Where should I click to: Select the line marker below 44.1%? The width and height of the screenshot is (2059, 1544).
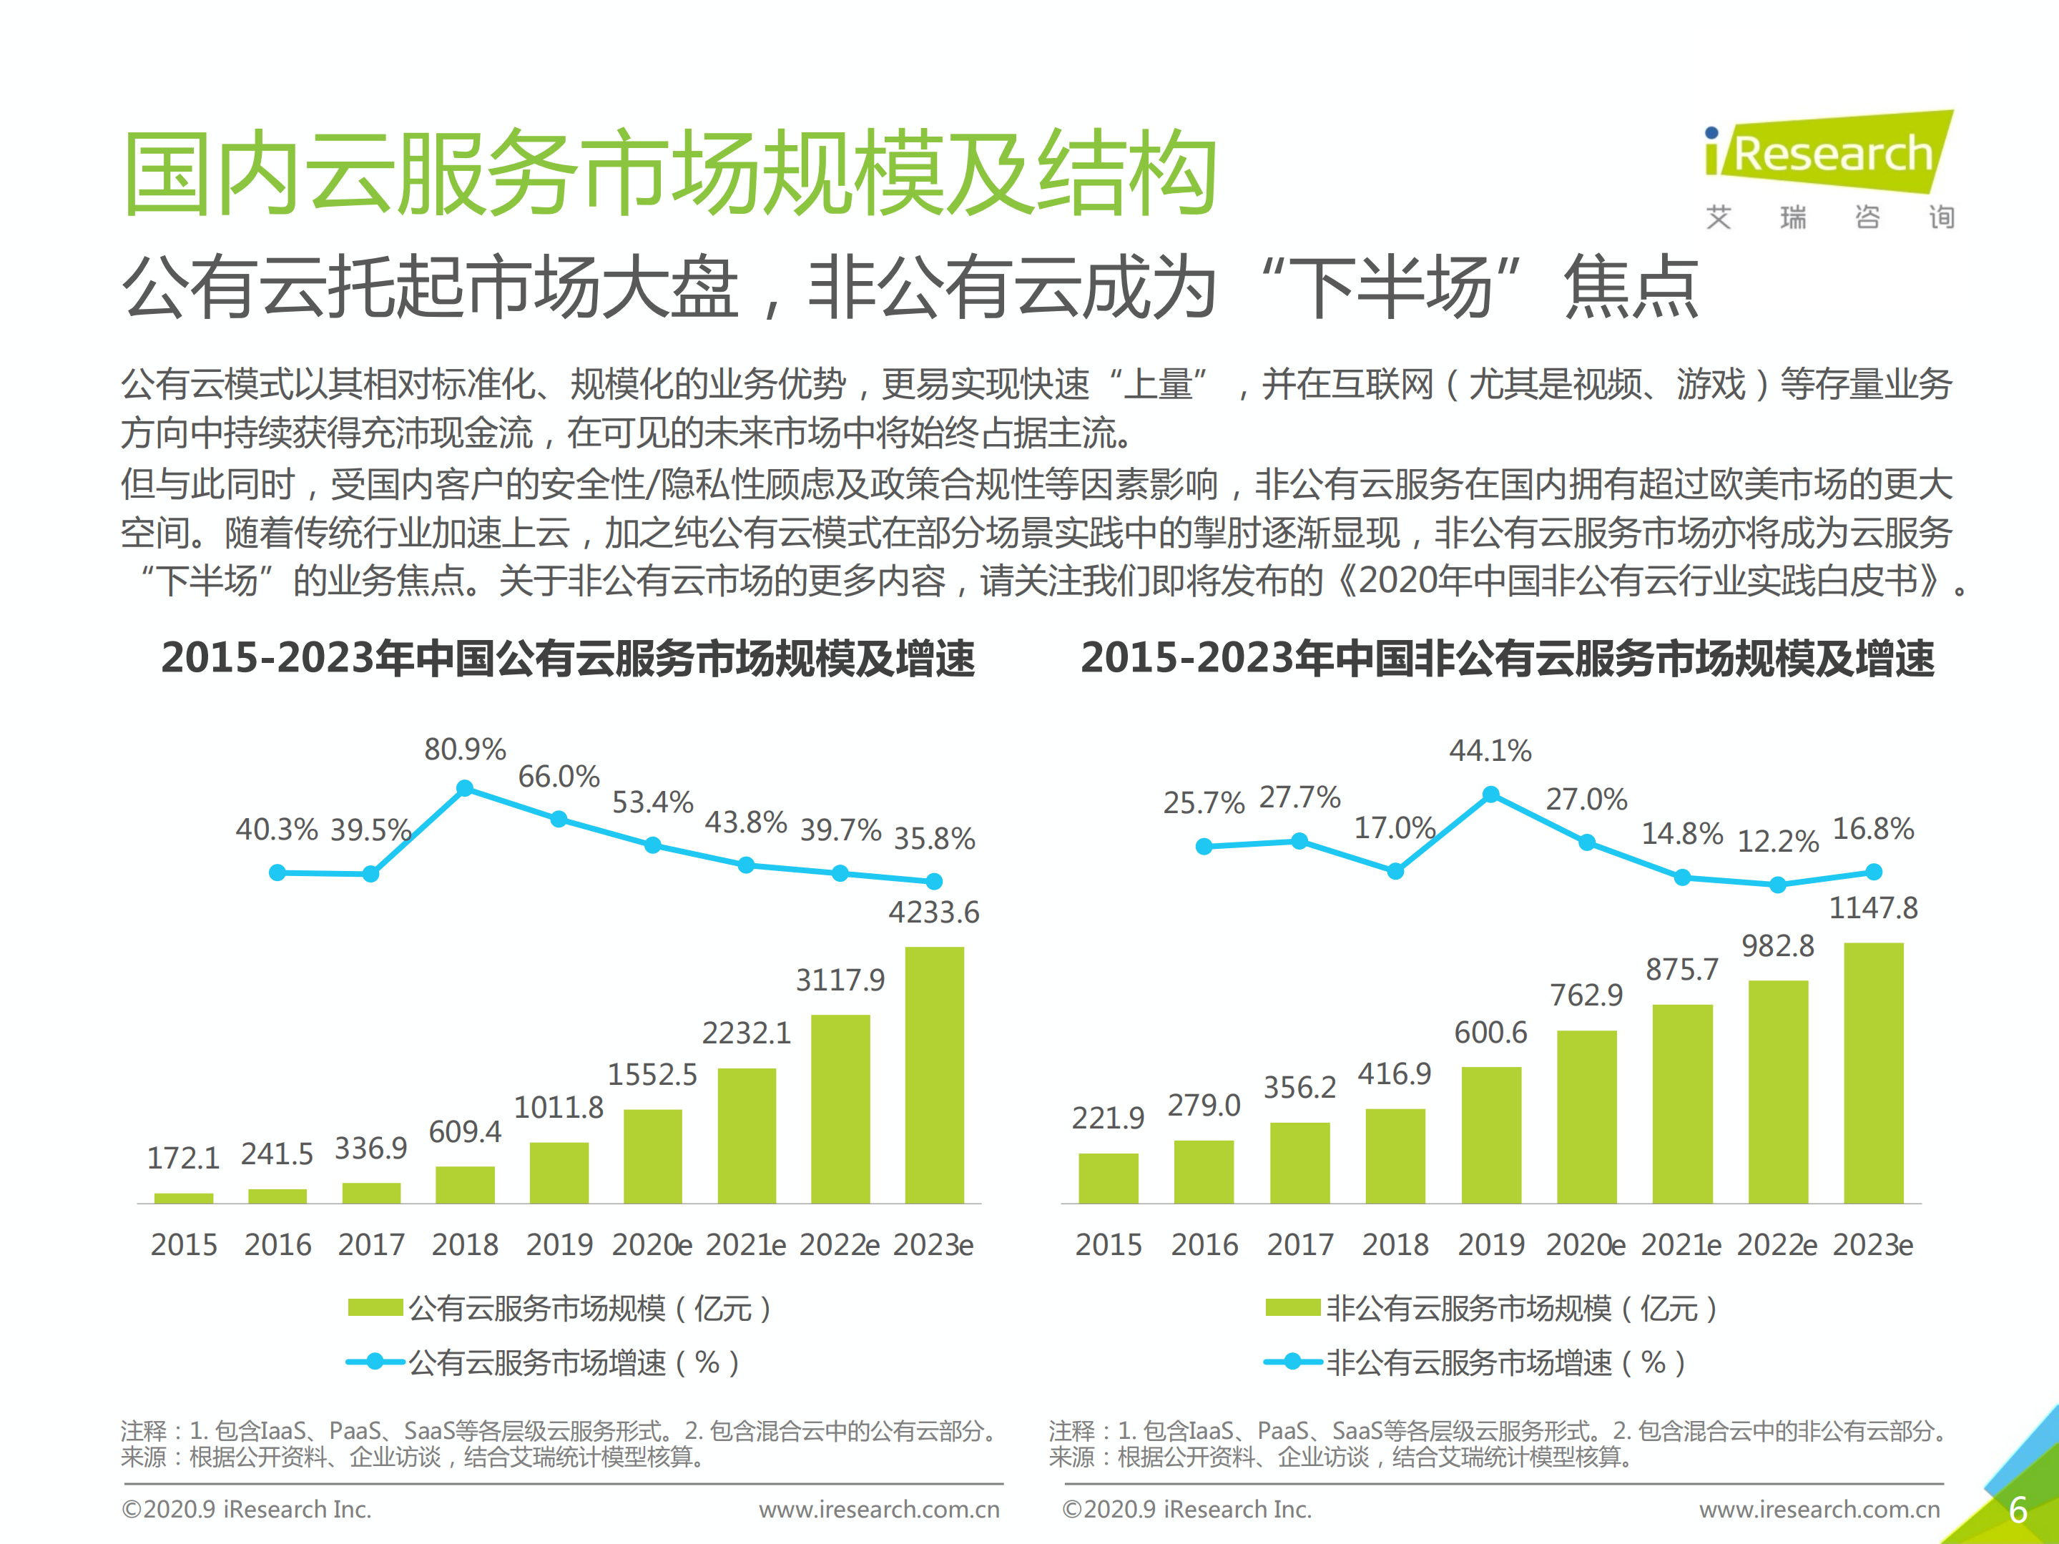pos(1490,794)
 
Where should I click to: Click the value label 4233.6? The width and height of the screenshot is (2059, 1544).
pos(933,912)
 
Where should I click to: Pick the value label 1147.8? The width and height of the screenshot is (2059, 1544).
pos(1873,908)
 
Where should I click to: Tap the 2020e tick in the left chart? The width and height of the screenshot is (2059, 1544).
pos(652,1244)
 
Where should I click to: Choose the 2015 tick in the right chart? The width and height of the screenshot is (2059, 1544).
pos(1108,1244)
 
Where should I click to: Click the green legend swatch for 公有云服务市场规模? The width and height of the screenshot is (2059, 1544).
pos(375,1307)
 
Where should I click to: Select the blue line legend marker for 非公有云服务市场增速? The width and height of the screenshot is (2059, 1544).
pos(1293,1362)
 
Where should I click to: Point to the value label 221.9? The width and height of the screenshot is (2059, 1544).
pos(1108,1118)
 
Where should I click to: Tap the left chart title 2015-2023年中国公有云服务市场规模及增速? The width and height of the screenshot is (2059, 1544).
pos(568,658)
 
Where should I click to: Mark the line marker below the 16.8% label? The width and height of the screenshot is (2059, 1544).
pos(1874,872)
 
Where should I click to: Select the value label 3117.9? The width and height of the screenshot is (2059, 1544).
pos(840,980)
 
